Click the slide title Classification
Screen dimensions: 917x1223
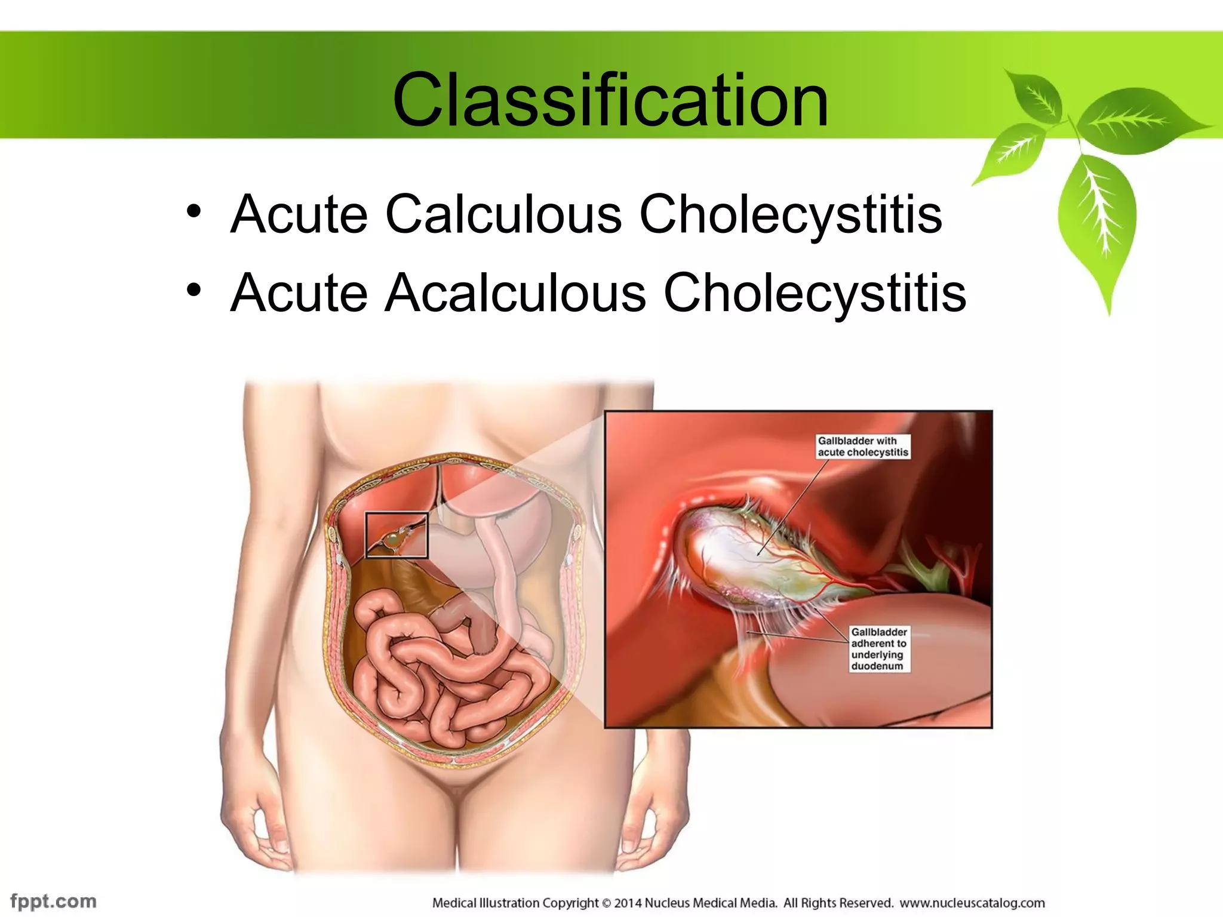pos(610,100)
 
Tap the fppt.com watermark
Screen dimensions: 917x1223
pos(53,900)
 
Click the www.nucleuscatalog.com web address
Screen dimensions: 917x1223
pos(972,903)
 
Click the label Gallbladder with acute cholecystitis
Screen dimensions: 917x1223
pos(862,447)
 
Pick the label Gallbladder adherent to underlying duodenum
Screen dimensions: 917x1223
pos(879,649)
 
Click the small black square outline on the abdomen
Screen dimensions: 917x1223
pos(397,535)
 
